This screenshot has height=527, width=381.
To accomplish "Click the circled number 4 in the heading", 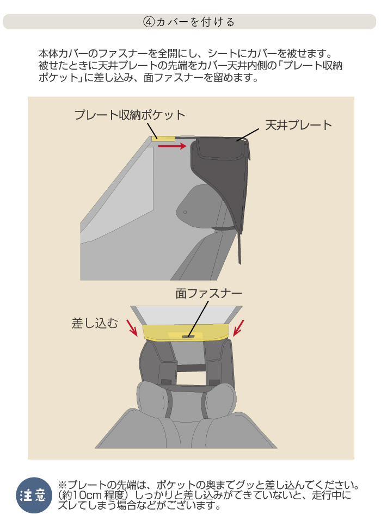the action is (149, 22).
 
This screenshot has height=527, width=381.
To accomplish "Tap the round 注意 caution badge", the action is (34, 495).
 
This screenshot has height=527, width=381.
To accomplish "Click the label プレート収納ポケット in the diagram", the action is (130, 115).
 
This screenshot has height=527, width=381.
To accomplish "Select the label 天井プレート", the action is (299, 125).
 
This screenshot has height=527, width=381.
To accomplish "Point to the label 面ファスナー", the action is (208, 294).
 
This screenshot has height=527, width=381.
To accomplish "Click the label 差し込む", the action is (95, 323).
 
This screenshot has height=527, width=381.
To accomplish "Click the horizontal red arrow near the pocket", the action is (172, 146).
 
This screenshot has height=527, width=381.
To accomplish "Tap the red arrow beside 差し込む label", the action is (132, 328).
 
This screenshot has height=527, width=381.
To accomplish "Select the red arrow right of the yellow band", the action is (238, 328).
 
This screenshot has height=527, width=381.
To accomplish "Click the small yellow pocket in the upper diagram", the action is (163, 138).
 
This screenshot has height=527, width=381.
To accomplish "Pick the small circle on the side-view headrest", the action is (185, 212).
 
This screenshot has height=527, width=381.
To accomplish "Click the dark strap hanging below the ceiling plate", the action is (239, 248).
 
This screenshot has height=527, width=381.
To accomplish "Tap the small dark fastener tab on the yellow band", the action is (188, 336).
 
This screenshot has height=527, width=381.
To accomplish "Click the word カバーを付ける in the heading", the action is (195, 22).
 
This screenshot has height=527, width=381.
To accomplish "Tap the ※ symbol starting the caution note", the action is (63, 485).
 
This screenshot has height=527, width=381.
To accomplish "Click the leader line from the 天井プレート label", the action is (248, 135).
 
